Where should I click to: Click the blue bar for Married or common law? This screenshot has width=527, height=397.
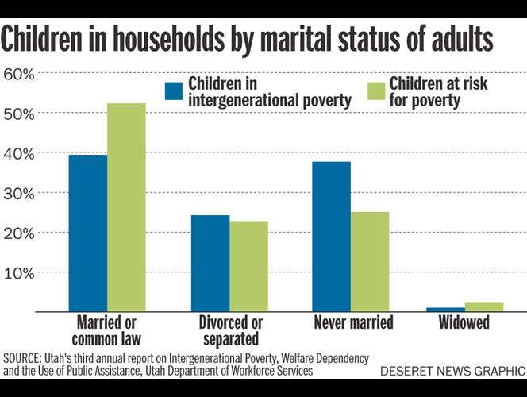point(88,233)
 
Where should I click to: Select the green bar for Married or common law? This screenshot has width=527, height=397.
point(126,207)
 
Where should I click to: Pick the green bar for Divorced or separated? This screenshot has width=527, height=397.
point(248,266)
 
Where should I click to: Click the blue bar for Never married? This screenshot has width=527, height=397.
point(332,236)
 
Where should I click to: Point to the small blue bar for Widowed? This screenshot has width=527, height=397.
point(445,309)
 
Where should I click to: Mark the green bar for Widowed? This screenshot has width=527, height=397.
point(484,306)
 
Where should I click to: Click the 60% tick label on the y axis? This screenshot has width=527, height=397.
point(19,75)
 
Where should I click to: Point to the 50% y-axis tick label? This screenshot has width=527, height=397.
point(19,114)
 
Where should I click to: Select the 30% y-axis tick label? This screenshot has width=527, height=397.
point(19,193)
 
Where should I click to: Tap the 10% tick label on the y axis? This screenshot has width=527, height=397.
point(19,272)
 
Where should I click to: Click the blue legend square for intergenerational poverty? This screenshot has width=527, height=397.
point(174,91)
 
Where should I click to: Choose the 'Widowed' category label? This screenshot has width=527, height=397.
point(464,323)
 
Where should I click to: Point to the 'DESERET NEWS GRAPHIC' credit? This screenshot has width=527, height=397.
point(452,371)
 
